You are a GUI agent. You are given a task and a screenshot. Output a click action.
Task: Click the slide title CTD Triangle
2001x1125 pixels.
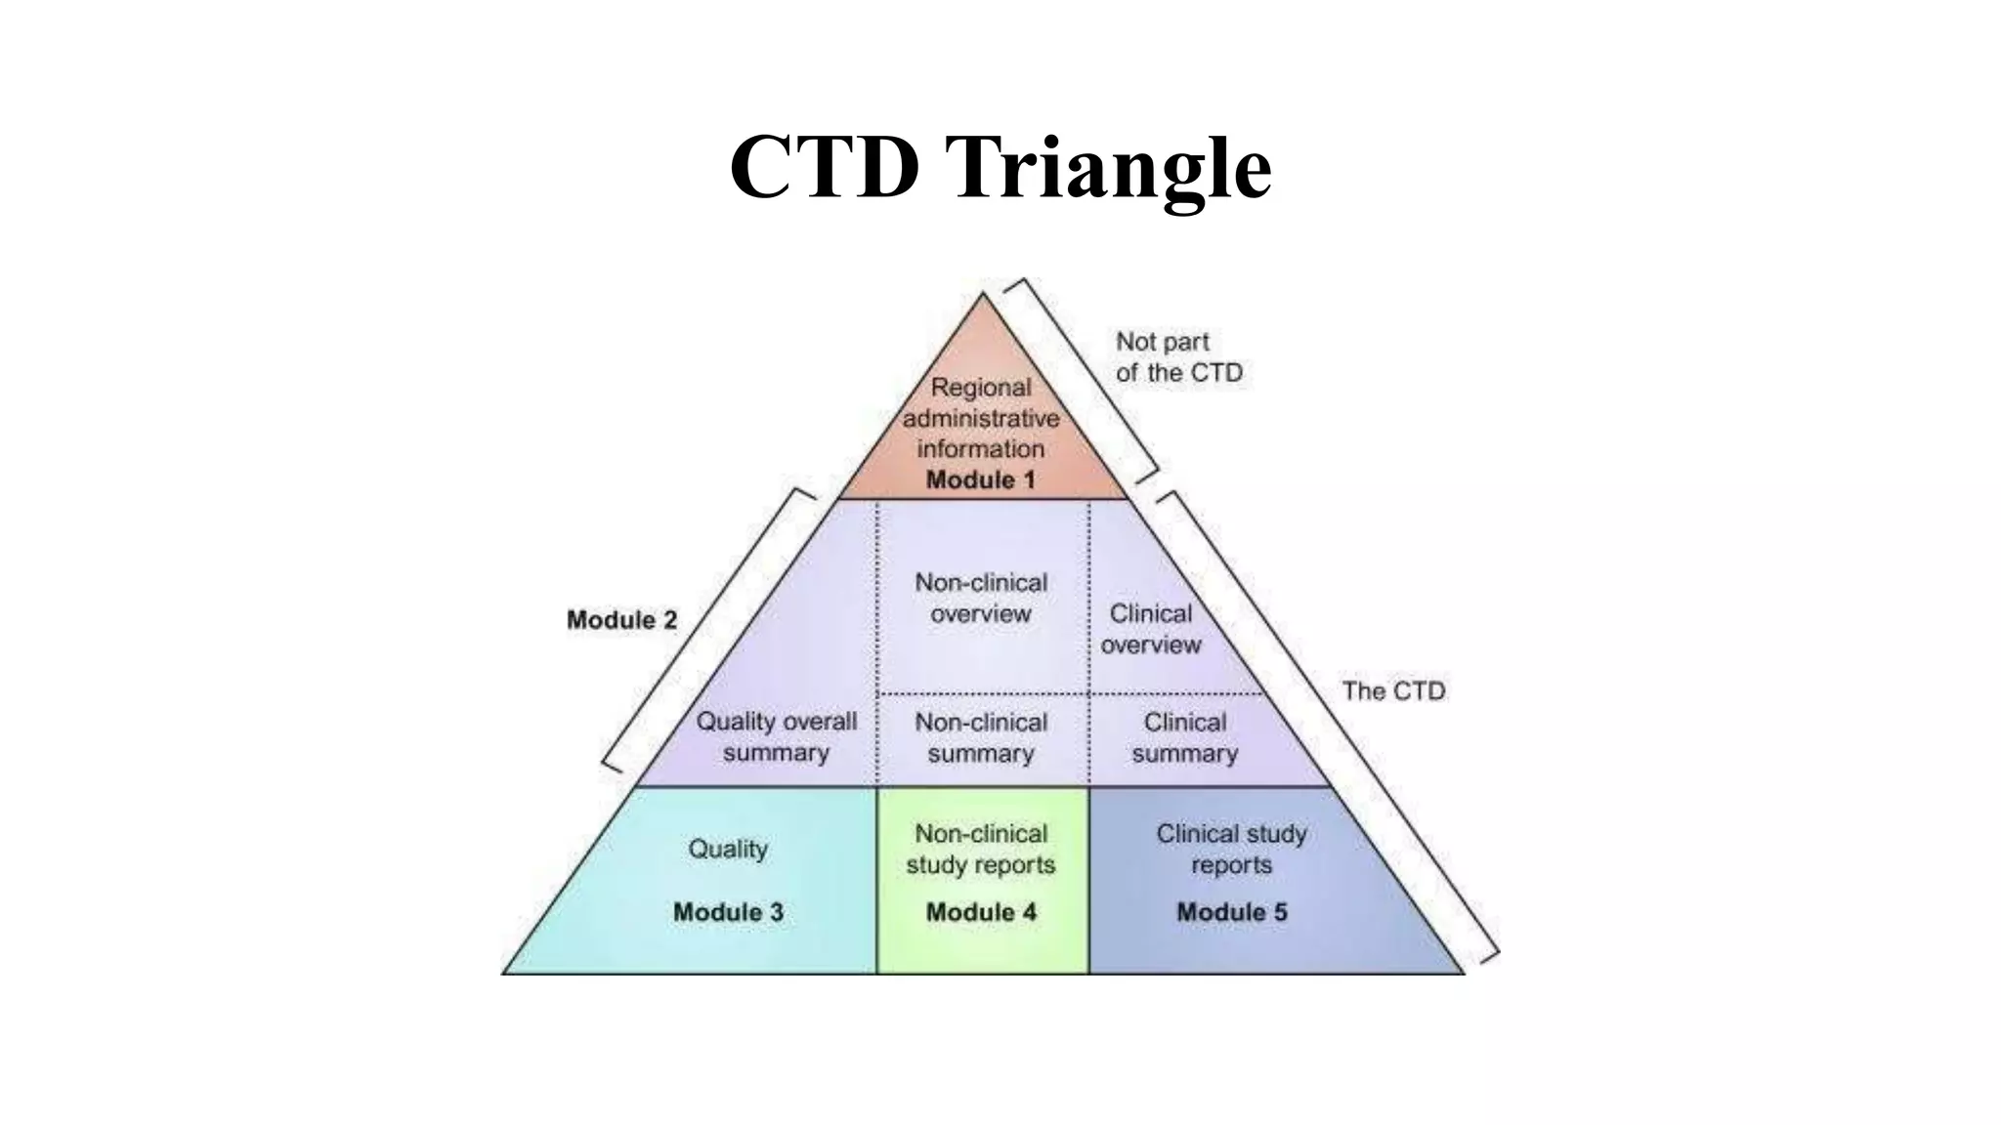click(1000, 167)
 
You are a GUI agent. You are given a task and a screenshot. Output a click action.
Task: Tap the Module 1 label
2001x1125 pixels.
click(980, 479)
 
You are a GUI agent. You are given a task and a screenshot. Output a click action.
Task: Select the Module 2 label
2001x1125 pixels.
click(621, 620)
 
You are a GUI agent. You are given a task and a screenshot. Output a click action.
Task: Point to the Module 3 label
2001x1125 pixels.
click(728, 912)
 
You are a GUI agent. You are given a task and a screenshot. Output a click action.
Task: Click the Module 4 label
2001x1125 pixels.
click(981, 912)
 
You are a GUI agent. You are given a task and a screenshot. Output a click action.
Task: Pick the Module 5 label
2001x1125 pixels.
click(1231, 912)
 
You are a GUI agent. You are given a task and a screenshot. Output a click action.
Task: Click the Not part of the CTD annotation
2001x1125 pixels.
click(1178, 357)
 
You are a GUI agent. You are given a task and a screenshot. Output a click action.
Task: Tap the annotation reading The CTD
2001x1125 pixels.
click(1393, 691)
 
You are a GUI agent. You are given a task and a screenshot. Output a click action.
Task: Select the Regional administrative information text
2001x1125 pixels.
click(981, 418)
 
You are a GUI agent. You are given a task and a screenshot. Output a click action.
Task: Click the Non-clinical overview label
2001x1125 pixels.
click(981, 598)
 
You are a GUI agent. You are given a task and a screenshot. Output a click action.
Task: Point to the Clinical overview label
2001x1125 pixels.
click(1151, 629)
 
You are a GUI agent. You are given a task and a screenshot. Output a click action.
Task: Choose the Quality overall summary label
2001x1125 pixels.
click(776, 736)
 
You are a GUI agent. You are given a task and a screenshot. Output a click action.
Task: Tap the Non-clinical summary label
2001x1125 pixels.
click(981, 737)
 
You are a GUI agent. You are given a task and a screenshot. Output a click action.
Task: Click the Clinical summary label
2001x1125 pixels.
click(1184, 737)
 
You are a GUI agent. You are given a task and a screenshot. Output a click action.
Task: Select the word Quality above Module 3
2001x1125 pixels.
click(728, 849)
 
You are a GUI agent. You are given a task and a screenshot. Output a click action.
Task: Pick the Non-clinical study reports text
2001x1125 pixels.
click(981, 849)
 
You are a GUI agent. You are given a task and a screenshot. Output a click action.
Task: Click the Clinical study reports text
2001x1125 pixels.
click(1231, 849)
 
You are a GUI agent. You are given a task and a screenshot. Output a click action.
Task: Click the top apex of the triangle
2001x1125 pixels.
click(983, 294)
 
